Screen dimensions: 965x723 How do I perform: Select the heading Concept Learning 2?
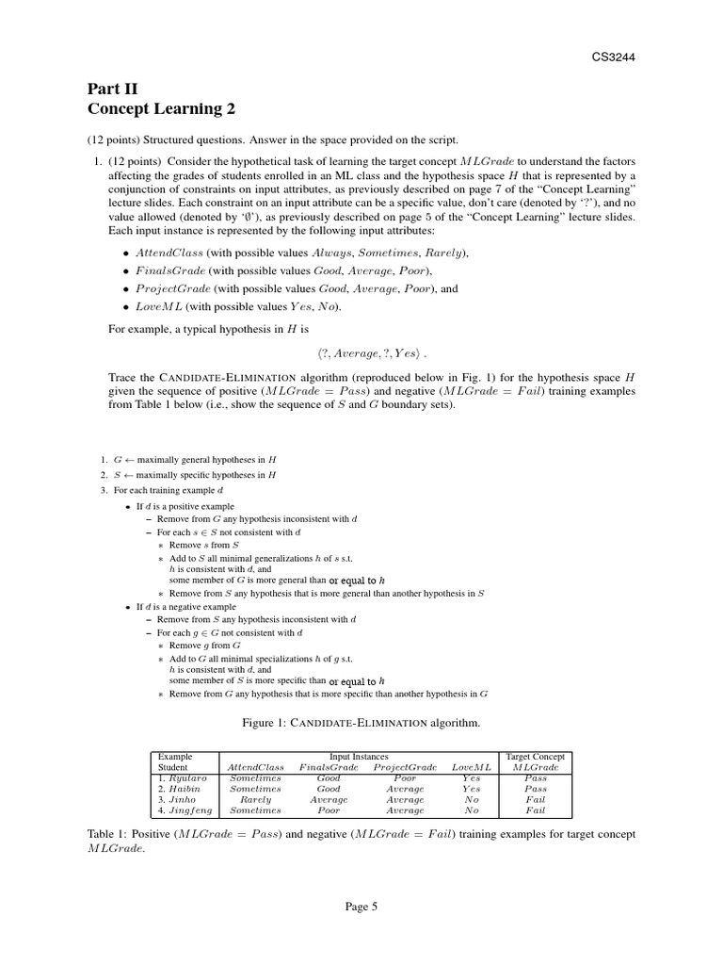(161, 109)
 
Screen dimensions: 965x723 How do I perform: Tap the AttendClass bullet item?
(301, 254)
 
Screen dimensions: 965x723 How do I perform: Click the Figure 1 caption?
(361, 723)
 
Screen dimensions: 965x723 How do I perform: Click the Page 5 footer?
(361, 907)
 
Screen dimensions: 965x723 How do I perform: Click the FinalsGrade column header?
(328, 767)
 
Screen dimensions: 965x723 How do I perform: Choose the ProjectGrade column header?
(405, 767)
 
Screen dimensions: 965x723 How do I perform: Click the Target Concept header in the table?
(536, 757)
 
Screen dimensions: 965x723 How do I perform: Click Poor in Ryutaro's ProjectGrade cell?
(405, 778)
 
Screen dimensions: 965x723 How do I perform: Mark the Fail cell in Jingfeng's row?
(536, 810)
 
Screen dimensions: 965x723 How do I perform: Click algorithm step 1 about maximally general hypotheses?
(193, 459)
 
